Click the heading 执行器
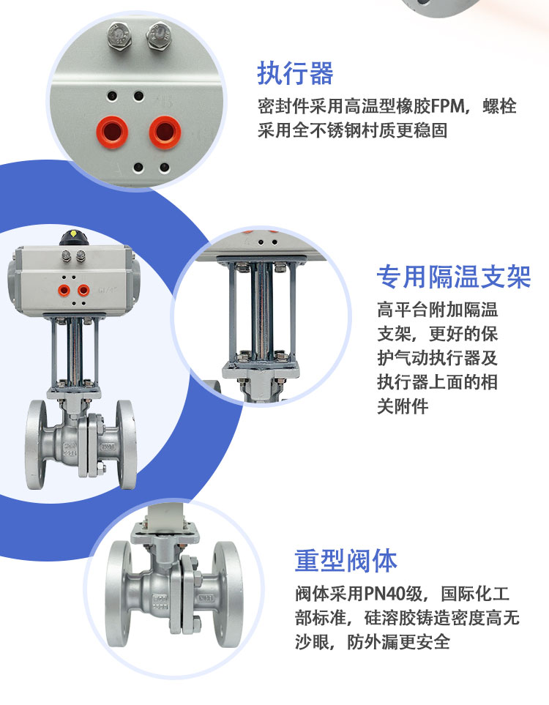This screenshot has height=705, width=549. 295,73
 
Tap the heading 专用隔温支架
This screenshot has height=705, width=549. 454,277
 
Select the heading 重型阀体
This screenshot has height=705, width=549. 346,561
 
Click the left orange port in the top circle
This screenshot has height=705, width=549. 112,133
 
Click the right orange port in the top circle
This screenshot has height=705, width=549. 165,133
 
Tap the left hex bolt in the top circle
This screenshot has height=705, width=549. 119,36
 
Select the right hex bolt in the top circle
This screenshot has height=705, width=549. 160,35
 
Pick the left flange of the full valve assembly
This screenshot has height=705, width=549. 36,444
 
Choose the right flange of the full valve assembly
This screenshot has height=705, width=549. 127,444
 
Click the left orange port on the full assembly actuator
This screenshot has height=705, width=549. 64,291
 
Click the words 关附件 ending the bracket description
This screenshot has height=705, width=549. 403,406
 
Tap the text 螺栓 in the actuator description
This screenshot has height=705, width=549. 499,107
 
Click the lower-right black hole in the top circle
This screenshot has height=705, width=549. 165,168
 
